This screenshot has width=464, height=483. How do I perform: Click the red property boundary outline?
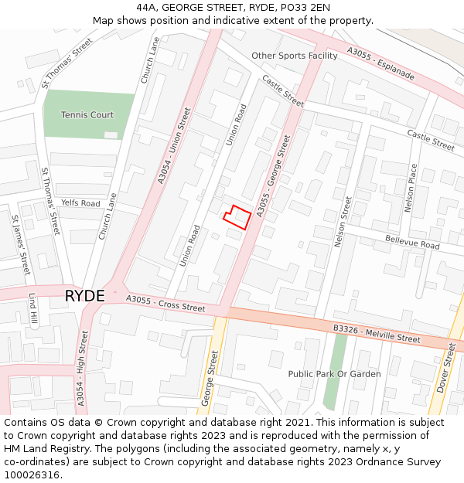click(237, 216)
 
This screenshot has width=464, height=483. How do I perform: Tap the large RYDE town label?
click(84, 296)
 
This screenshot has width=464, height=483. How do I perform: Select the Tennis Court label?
click(87, 115)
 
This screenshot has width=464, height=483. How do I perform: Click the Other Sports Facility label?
click(295, 56)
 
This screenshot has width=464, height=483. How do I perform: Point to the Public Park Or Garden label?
click(334, 374)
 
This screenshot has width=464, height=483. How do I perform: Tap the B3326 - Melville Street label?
click(377, 334)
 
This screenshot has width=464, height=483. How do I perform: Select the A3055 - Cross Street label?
click(165, 304)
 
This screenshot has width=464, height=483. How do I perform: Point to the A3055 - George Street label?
click(274, 176)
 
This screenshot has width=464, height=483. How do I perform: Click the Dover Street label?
click(446, 368)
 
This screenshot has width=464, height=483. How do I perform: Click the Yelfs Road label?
click(81, 203)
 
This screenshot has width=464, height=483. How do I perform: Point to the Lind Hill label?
click(32, 308)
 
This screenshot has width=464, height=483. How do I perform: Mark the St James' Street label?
click(20, 244)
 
